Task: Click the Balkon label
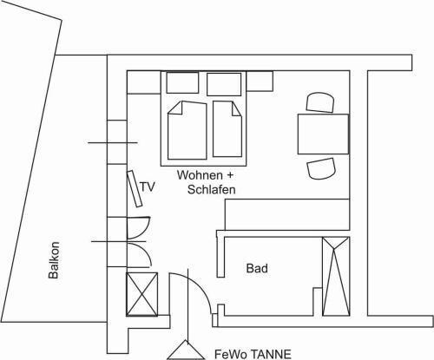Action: [x=54, y=260]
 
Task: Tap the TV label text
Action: [x=148, y=187]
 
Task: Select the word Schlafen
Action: [x=212, y=189]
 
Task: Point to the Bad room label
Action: [x=257, y=268]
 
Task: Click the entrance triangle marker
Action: [x=187, y=350]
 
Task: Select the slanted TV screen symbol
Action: [x=135, y=189]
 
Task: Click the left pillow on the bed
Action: [x=182, y=82]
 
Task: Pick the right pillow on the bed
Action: [x=224, y=84]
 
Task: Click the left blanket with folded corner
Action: [x=187, y=130]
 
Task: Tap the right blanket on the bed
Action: [x=227, y=129]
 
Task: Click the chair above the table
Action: [x=320, y=102]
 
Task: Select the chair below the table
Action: [x=321, y=168]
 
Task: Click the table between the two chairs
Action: [x=323, y=134]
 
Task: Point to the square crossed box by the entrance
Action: [x=142, y=294]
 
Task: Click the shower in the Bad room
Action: [x=336, y=276]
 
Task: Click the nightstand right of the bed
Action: [x=260, y=81]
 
